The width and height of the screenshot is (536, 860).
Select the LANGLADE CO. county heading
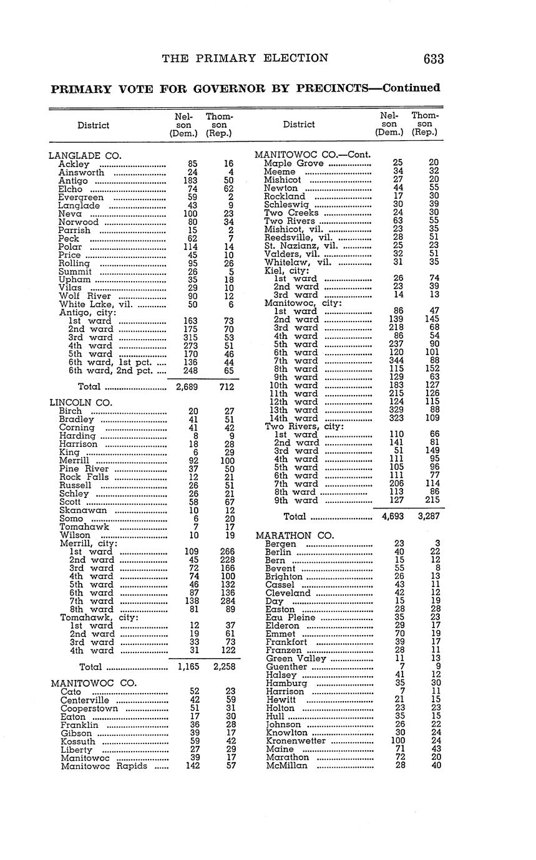(x=85, y=156)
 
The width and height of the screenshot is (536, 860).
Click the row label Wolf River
(x=85, y=296)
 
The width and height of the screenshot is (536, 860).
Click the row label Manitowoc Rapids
(x=104, y=766)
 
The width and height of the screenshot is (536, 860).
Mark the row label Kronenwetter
(x=296, y=741)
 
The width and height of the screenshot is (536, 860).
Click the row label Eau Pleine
(x=290, y=618)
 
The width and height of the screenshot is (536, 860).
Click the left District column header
(x=93, y=125)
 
